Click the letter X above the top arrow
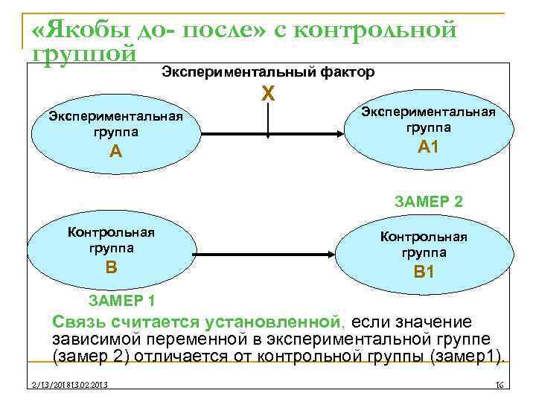268,95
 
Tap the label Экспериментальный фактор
268,72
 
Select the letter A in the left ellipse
115,152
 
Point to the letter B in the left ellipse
111,266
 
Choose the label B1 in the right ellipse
424,272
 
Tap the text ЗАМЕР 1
121,301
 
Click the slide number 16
500,384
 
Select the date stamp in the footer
65,384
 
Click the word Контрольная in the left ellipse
111,231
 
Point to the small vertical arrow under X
268,123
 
